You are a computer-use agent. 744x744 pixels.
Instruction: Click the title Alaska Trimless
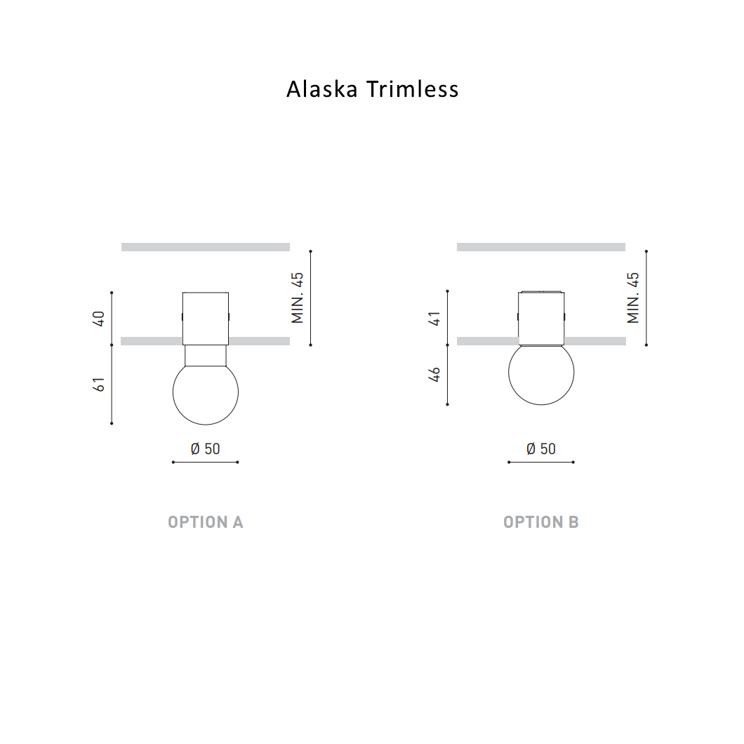[372, 89]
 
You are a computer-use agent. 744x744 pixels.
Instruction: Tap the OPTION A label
[205, 522]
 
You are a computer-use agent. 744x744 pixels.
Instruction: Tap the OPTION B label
[540, 522]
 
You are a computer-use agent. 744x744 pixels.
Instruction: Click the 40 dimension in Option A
[99, 319]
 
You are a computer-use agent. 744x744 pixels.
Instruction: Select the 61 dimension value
[99, 384]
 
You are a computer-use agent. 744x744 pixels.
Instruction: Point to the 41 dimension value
[435, 319]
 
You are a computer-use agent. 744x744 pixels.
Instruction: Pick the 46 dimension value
[435, 374]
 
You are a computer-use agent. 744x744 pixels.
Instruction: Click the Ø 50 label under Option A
[205, 449]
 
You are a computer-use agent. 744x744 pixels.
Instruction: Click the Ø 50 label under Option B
[540, 449]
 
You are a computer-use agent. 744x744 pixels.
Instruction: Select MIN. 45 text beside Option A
[298, 298]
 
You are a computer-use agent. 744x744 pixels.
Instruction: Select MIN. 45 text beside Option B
[634, 298]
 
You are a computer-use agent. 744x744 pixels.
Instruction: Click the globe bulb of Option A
[205, 393]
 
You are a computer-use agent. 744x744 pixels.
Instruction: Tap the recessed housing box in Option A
[205, 317]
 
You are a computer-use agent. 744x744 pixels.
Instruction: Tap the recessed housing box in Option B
[540, 317]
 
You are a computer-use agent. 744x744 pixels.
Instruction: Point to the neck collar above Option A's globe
[205, 355]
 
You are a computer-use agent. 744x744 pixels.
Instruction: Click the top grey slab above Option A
[205, 247]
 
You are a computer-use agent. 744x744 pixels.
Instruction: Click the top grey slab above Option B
[540, 247]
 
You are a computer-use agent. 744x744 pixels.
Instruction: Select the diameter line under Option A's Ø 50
[205, 462]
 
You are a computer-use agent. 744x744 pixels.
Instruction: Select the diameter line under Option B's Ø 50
[540, 462]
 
